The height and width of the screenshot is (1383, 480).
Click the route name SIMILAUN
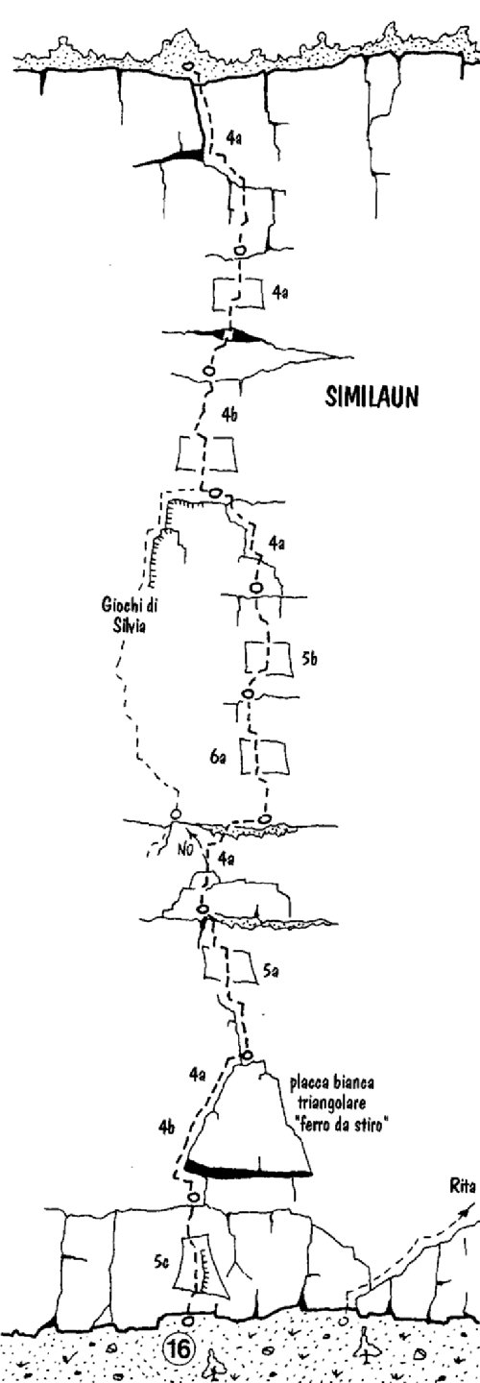point(372,397)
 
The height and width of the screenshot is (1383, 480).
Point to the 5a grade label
point(271,971)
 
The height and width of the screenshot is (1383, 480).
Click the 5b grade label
point(309,660)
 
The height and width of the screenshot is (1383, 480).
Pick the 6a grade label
point(216,758)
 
